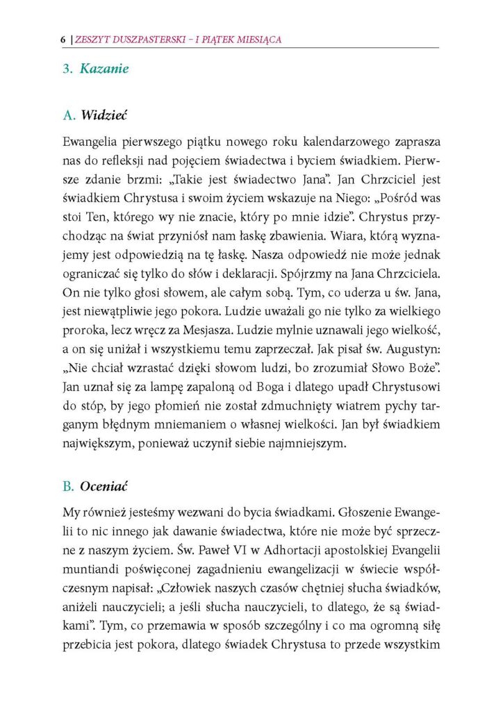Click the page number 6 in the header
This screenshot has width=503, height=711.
pyautogui.click(x=63, y=40)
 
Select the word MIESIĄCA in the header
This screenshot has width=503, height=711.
pyautogui.click(x=256, y=40)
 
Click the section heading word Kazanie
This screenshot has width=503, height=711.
pyautogui.click(x=104, y=69)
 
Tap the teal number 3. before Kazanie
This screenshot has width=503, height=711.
pyautogui.click(x=68, y=69)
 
